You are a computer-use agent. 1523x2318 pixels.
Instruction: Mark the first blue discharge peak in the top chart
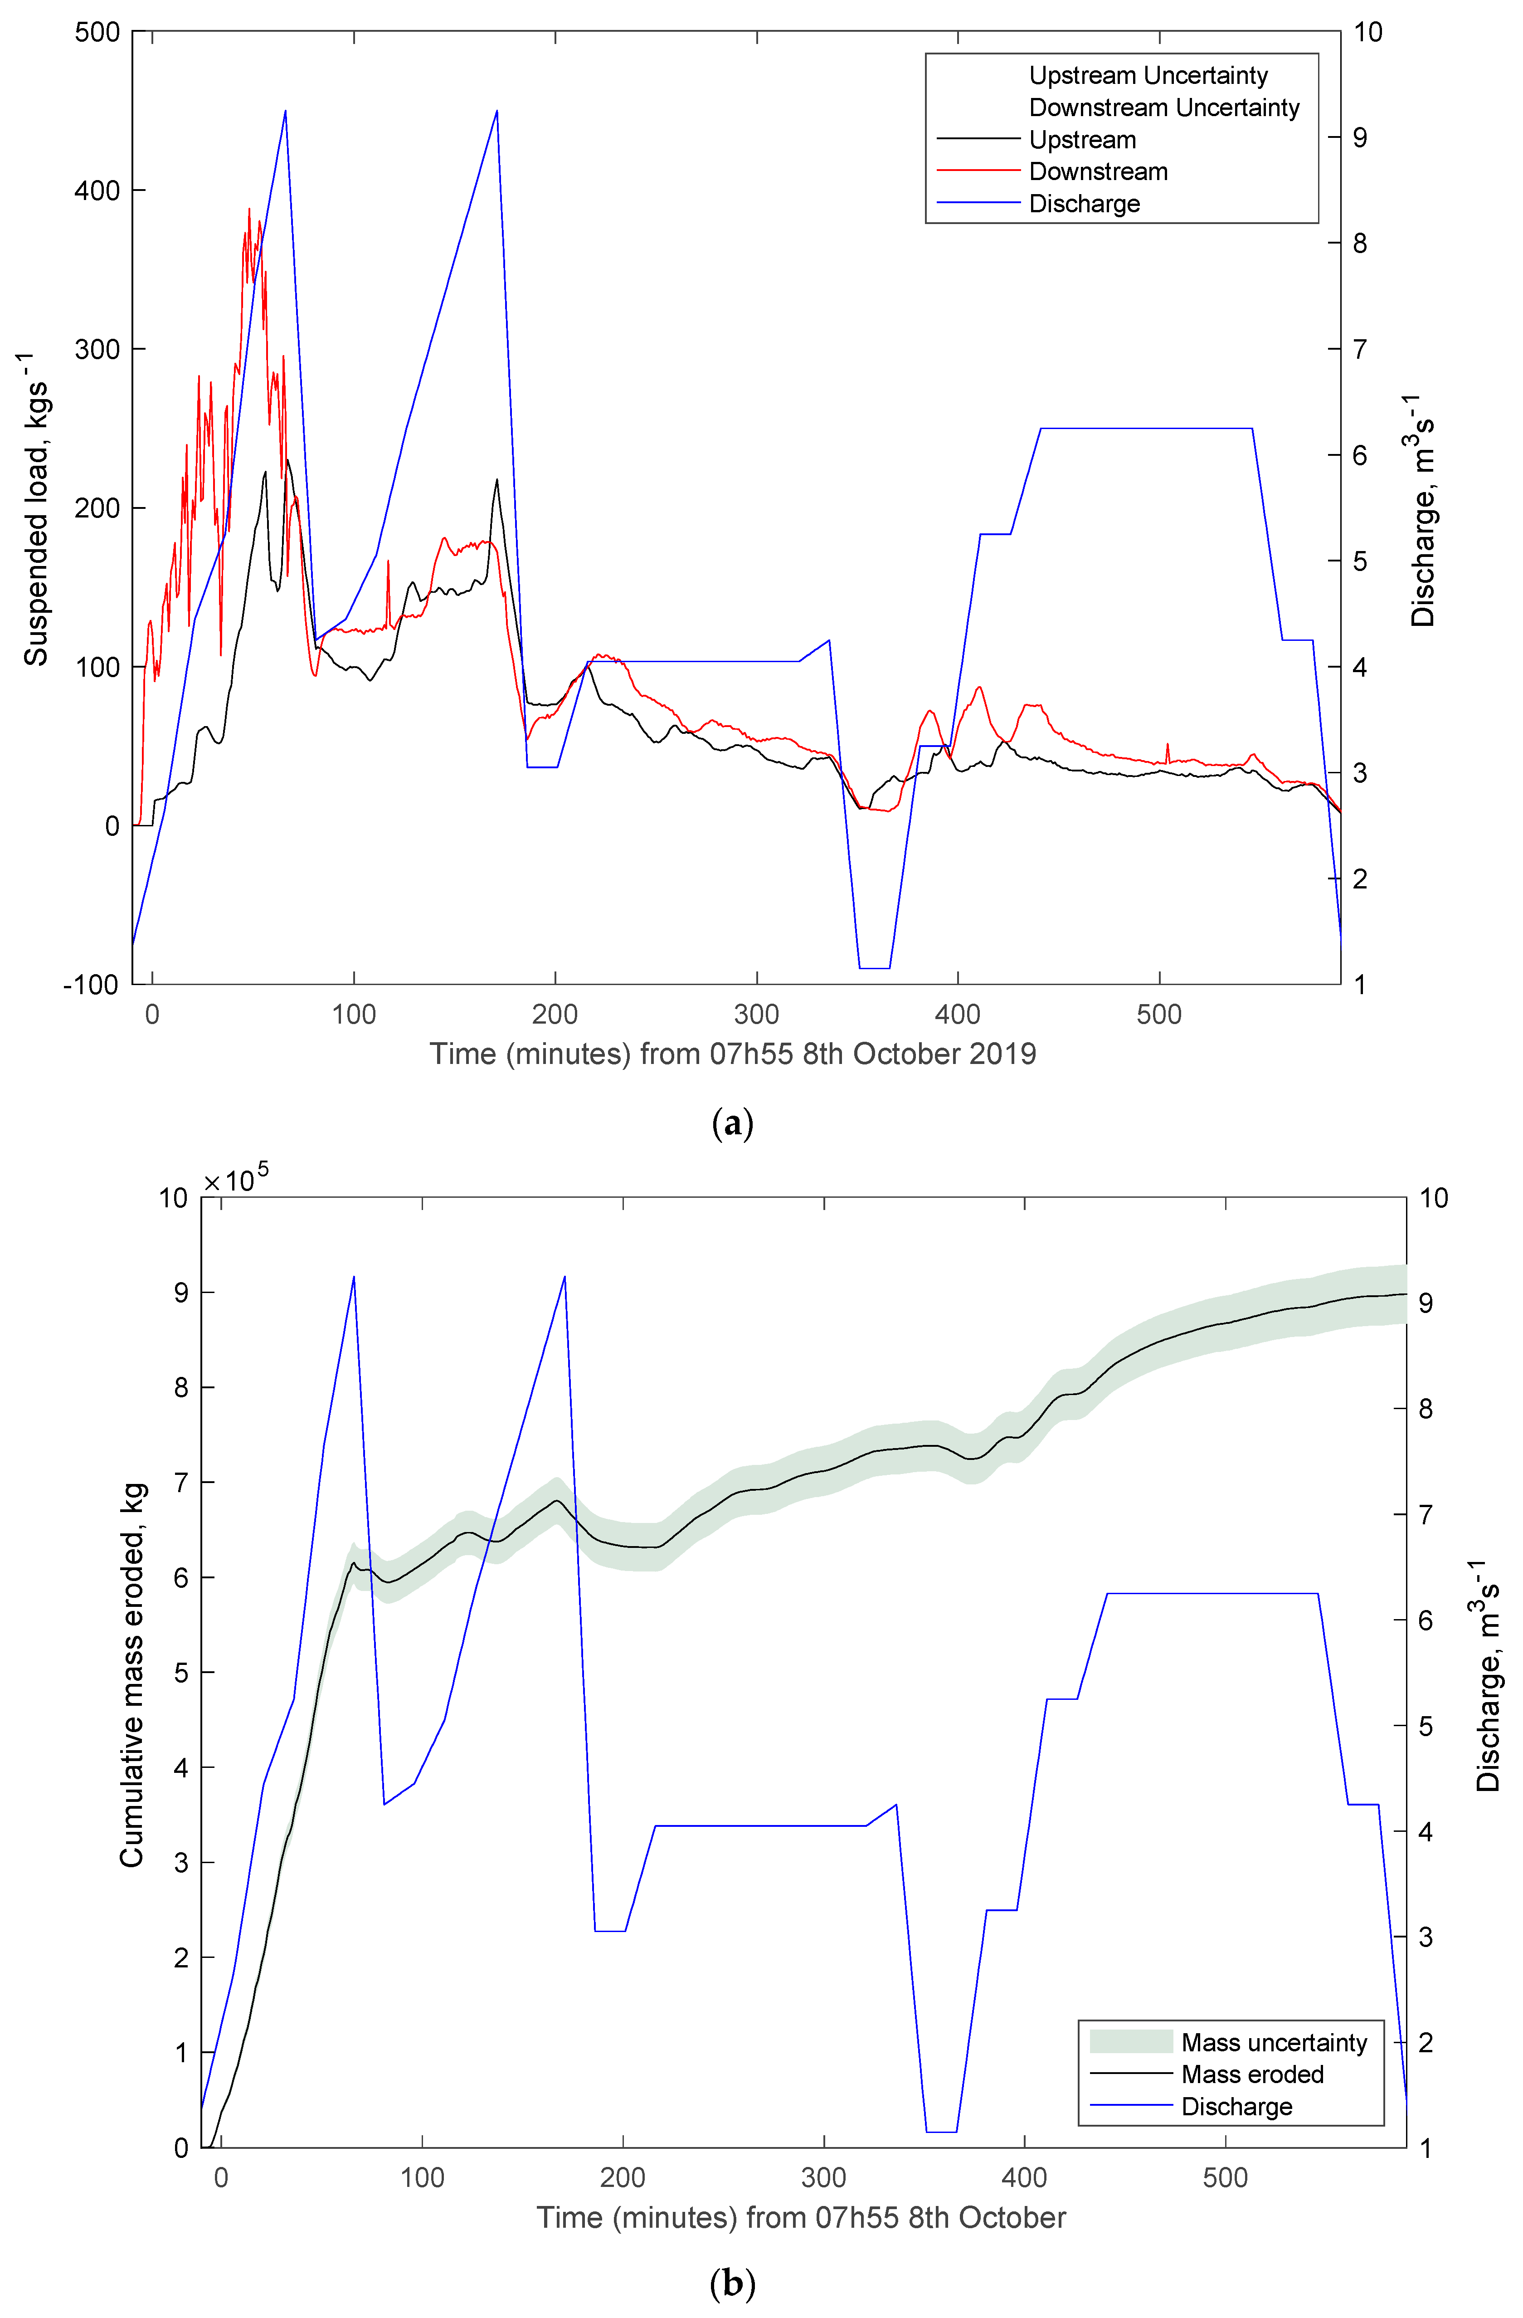click(x=285, y=111)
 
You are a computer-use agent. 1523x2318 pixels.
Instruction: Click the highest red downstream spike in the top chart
click(x=249, y=209)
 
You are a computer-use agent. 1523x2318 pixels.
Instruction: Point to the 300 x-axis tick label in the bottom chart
click(x=824, y=2178)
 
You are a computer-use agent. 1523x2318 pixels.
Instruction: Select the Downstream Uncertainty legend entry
click(x=1163, y=107)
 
